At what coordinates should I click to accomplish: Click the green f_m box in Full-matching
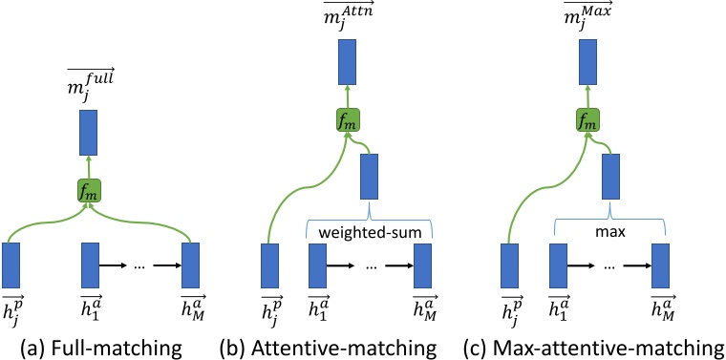pyautogui.click(x=90, y=191)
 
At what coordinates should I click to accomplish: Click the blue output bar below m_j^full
pyautogui.click(x=90, y=133)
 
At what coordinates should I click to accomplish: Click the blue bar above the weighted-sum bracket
pyautogui.click(x=370, y=177)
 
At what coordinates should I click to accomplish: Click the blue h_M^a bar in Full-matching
pyautogui.click(x=191, y=265)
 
